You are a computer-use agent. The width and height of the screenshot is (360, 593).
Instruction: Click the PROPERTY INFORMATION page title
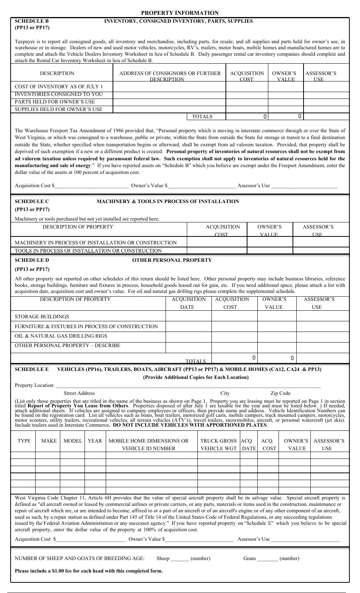(x=180, y=13)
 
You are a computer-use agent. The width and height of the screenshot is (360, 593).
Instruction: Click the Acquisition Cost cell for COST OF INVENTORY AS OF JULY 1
(x=247, y=87)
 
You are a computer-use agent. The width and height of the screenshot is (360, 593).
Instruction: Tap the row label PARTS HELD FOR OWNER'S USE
(x=55, y=102)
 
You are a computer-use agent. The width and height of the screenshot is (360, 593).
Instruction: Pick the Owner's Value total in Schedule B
(x=286, y=117)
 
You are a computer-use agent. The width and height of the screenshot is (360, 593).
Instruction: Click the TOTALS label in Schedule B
(x=202, y=117)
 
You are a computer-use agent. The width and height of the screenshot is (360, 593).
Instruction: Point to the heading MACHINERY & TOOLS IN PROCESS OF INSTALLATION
(x=168, y=202)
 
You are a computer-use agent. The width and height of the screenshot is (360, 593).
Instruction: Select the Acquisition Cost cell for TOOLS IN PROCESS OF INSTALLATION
(x=217, y=250)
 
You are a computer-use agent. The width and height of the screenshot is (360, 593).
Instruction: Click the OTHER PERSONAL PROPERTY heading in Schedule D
(x=172, y=260)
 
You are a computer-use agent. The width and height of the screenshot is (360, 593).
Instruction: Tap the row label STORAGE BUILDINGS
(x=42, y=317)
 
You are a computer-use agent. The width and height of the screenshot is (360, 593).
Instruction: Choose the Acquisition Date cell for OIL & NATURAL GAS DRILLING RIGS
(x=188, y=336)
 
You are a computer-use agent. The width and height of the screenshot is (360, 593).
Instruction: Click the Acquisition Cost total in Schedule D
(x=234, y=358)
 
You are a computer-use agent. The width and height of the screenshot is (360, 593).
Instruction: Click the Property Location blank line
(x=188, y=386)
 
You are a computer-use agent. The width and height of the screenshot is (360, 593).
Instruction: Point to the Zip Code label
(x=280, y=393)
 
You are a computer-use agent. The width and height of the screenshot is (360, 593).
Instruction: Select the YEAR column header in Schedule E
(x=95, y=441)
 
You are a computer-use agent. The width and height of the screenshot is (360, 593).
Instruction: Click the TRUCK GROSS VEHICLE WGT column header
(x=218, y=444)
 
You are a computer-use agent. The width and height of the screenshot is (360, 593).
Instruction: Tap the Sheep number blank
(x=180, y=559)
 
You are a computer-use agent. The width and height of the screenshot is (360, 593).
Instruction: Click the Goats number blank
(x=267, y=559)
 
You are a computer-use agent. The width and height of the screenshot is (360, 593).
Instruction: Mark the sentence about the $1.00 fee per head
(x=89, y=571)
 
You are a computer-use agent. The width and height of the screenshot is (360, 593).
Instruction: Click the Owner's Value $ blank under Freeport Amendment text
(x=202, y=186)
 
